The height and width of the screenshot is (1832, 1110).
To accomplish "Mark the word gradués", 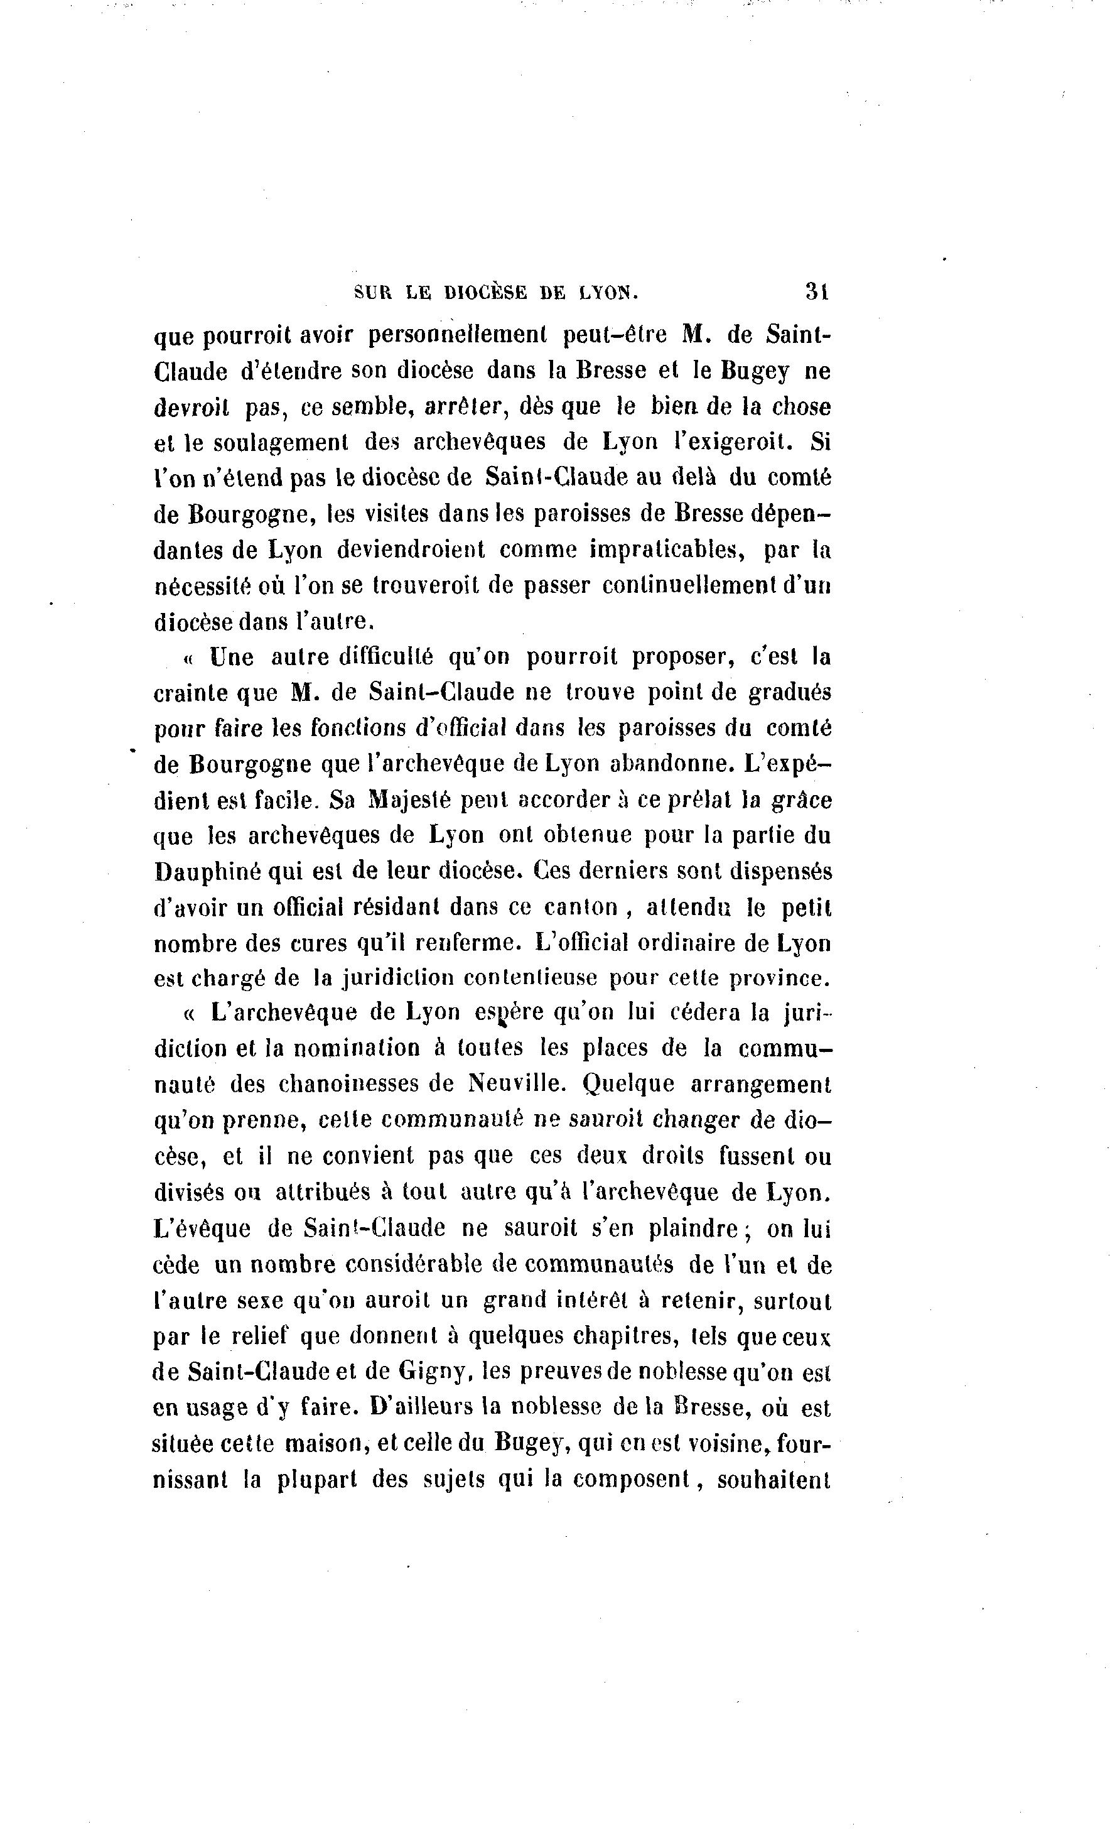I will (789, 693).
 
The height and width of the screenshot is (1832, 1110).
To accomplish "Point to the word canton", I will (581, 908).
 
